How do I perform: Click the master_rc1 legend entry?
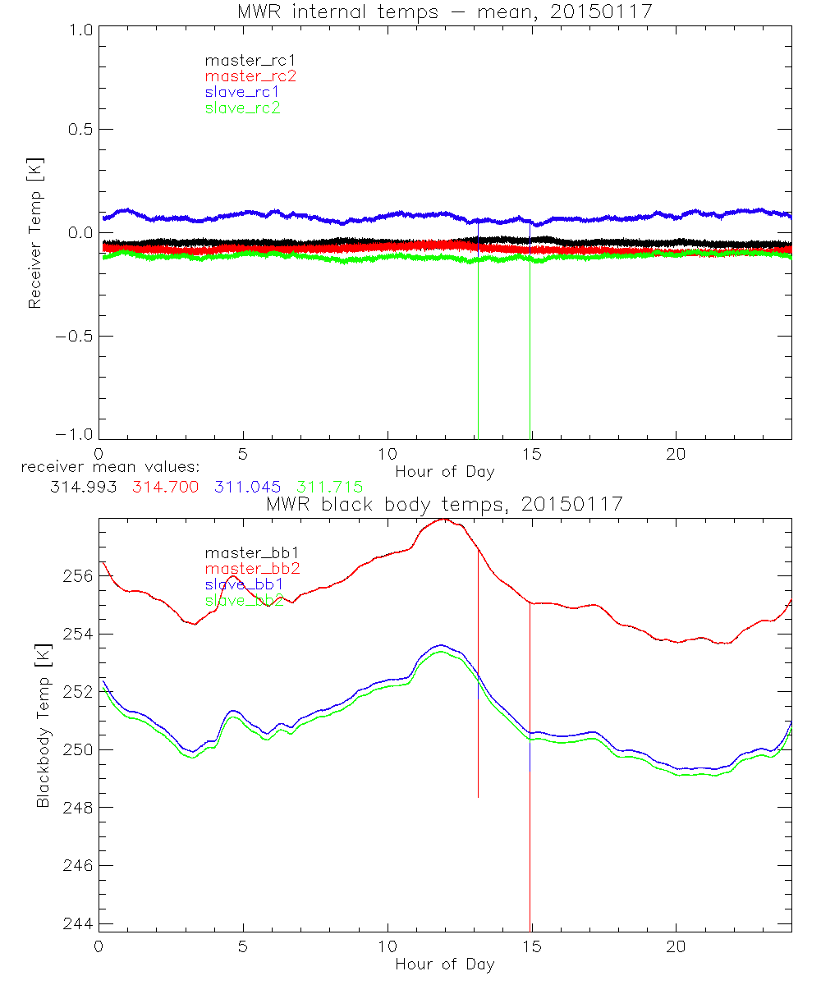pyautogui.click(x=243, y=60)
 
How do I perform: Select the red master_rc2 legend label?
pyautogui.click(x=250, y=76)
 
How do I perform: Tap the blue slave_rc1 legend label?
pyautogui.click(x=242, y=92)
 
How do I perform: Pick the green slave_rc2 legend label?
pyautogui.click(x=242, y=108)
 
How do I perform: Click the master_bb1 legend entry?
pyautogui.click(x=243, y=553)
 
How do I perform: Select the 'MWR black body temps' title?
pyautogui.click(x=444, y=504)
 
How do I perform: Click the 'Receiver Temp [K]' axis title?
pyautogui.click(x=34, y=233)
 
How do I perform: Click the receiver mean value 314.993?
pyautogui.click(x=83, y=487)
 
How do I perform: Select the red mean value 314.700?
pyautogui.click(x=164, y=487)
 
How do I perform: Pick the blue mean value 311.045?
pyautogui.click(x=247, y=487)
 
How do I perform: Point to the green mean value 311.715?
pyautogui.click(x=329, y=487)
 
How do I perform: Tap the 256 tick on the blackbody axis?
pyautogui.click(x=76, y=576)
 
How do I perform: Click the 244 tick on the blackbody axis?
pyautogui.click(x=76, y=923)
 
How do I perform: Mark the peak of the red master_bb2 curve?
pyautogui.click(x=443, y=519)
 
